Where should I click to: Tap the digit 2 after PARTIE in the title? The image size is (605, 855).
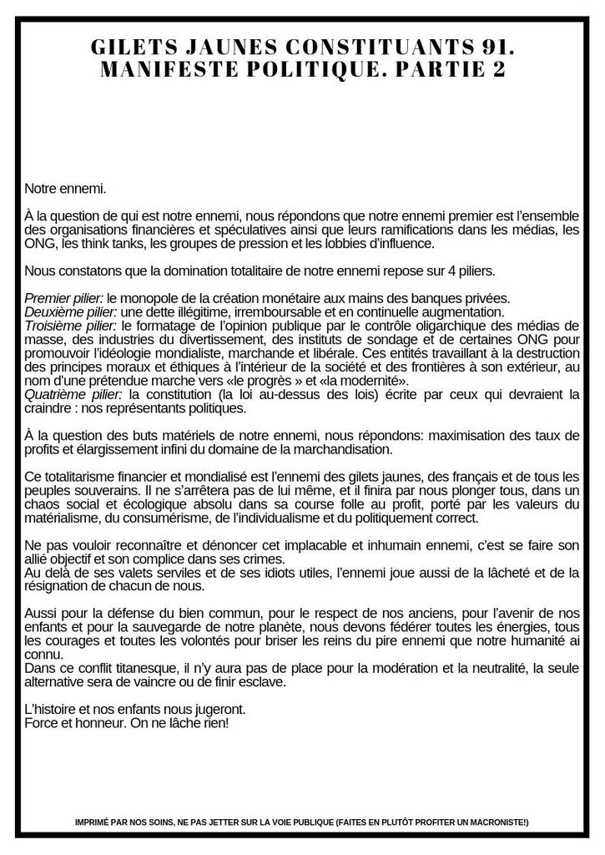[x=498, y=71]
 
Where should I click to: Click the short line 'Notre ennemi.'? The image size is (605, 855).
[x=65, y=190]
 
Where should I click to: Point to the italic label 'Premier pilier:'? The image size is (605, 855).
[x=64, y=298]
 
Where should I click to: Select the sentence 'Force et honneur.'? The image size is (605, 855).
[x=70, y=721]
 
